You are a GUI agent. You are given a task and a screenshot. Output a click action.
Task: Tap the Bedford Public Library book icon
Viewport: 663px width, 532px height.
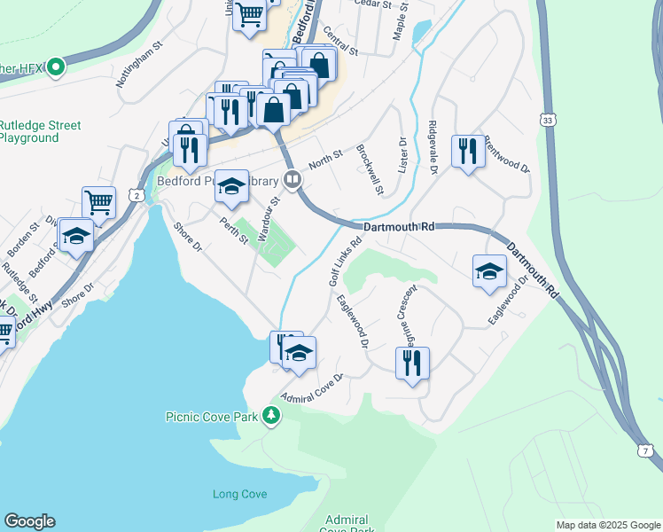pos(292,180)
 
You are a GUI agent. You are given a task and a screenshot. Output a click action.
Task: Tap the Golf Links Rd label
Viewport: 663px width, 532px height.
pos(346,261)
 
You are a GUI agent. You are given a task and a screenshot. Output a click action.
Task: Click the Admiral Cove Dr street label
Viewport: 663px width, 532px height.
pos(311,387)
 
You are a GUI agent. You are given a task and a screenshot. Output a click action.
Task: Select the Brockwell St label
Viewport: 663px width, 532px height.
pos(369,169)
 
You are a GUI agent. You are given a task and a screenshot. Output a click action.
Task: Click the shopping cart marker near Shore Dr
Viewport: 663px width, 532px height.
pos(99,201)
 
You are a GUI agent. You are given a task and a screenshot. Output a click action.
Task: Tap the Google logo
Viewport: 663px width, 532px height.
pos(29,521)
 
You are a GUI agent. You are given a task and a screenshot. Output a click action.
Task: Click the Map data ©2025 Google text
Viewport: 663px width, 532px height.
pos(608,525)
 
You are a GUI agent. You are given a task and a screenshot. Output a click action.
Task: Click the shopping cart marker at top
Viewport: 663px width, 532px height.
pos(250,13)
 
